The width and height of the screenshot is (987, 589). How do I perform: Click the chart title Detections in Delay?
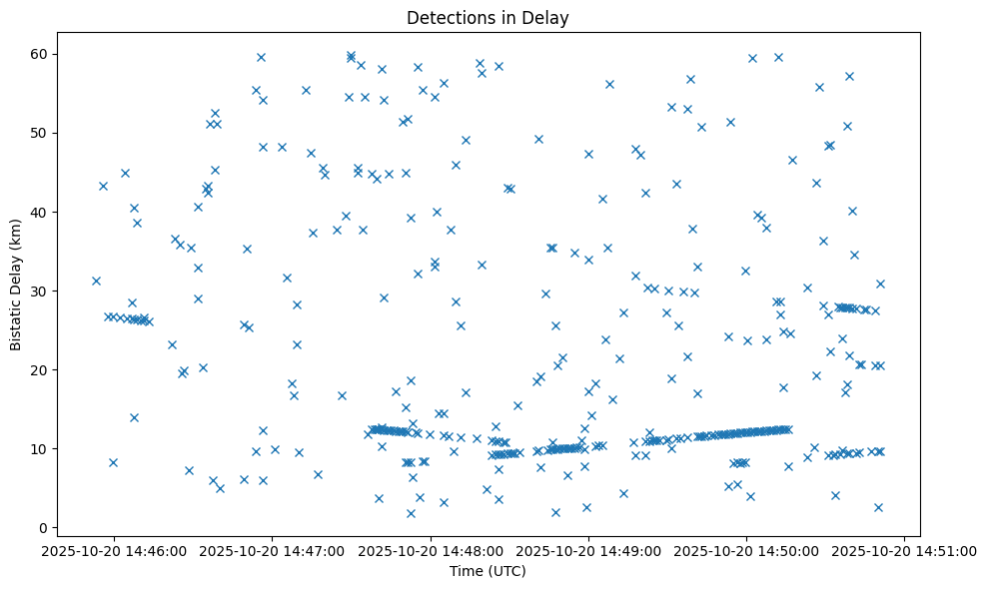pyautogui.click(x=489, y=17)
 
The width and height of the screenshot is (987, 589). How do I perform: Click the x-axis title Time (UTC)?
pyautogui.click(x=489, y=571)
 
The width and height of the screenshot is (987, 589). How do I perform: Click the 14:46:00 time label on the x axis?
pyautogui.click(x=113, y=550)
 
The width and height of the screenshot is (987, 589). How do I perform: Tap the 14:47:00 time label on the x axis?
pyautogui.click(x=272, y=550)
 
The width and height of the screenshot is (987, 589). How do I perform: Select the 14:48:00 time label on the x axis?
pyautogui.click(x=431, y=550)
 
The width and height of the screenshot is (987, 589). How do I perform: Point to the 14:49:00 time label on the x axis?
pyautogui.click(x=588, y=550)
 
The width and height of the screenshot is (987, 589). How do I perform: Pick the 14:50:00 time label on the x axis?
pyautogui.click(x=747, y=550)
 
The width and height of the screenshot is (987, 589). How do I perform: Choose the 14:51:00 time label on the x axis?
pyautogui.click(x=905, y=550)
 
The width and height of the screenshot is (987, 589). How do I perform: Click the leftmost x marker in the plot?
pyautogui.click(x=96, y=281)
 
